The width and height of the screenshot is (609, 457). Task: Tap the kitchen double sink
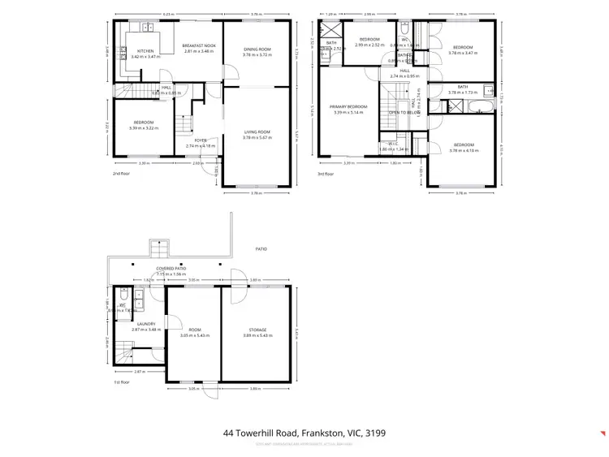tap(149, 28)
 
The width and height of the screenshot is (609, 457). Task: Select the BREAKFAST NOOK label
tap(198, 45)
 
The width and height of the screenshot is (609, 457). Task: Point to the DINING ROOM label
tap(257, 50)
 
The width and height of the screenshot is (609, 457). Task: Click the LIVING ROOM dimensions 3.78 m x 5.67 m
tap(257, 137)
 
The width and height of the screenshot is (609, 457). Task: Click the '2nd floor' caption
tap(120, 173)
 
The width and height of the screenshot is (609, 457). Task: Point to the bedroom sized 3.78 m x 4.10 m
tap(463, 147)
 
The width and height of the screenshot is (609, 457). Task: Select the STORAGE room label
tap(257, 330)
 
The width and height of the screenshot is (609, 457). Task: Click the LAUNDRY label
tap(145, 324)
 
